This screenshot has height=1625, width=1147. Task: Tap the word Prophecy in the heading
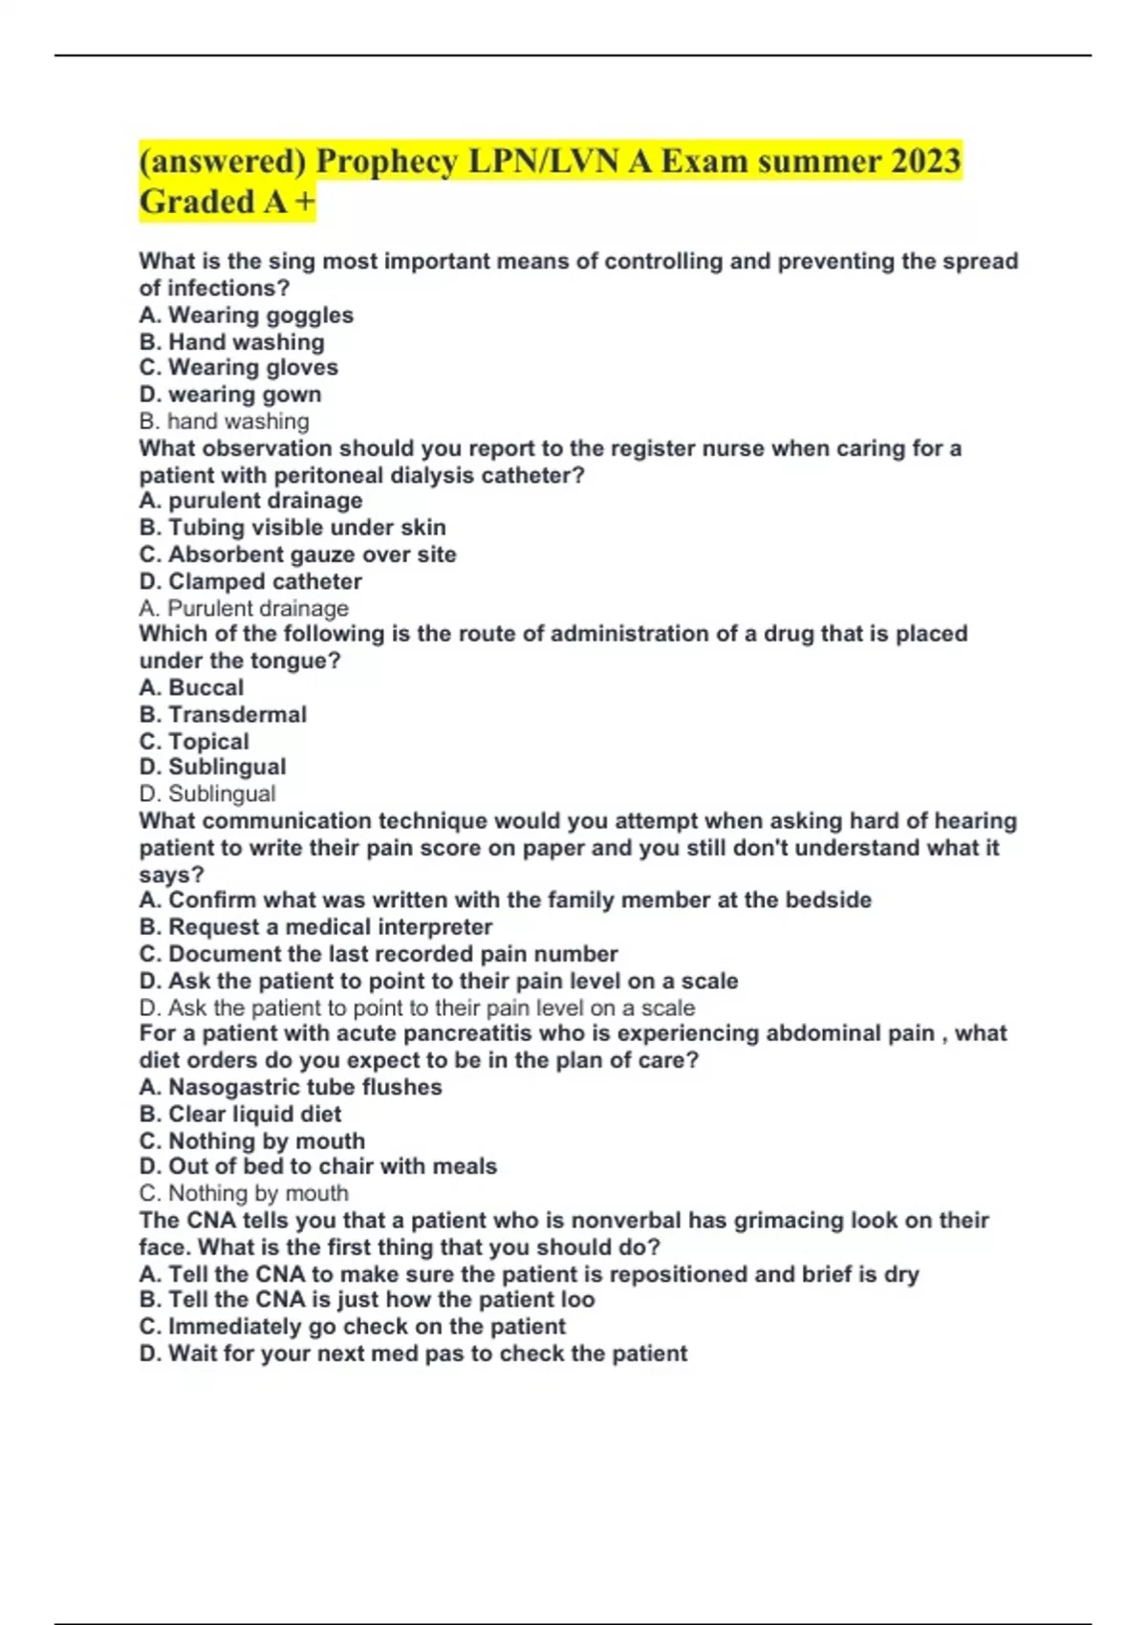point(387,161)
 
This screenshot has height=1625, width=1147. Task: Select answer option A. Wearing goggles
point(246,315)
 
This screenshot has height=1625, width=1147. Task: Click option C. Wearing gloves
point(238,368)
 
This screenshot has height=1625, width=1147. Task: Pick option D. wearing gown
point(229,395)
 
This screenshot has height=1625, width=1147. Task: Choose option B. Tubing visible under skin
point(292,528)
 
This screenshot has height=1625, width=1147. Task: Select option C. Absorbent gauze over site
point(297,554)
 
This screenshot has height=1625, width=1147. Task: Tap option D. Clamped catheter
point(250,581)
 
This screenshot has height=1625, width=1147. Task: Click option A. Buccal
point(191,687)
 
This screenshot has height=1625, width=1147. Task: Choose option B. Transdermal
point(223,714)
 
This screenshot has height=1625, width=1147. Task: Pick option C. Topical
point(194,741)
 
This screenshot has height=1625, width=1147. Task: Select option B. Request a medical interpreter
point(315,927)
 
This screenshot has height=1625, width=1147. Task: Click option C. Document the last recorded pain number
point(379,954)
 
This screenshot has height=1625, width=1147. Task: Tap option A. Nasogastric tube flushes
point(291,1087)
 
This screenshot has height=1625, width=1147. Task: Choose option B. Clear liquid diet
point(240,1114)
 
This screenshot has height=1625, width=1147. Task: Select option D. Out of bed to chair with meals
point(318,1166)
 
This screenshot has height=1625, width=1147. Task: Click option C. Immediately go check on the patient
point(352,1327)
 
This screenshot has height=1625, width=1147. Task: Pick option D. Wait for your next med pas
point(413,1354)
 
